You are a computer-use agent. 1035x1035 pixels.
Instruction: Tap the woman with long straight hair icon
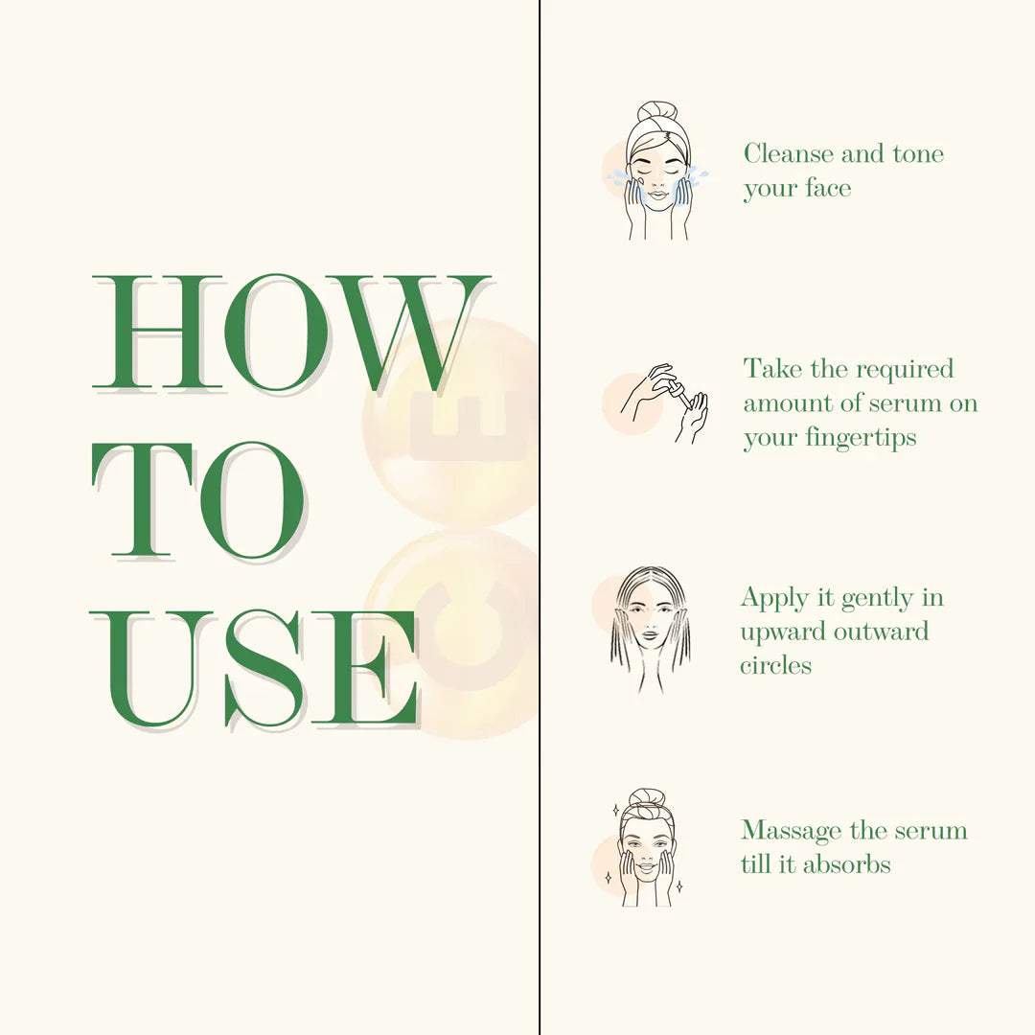tap(650, 628)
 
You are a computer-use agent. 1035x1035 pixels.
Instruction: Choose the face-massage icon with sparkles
tap(646, 847)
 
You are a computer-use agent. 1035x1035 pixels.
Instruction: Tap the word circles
tap(775, 665)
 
